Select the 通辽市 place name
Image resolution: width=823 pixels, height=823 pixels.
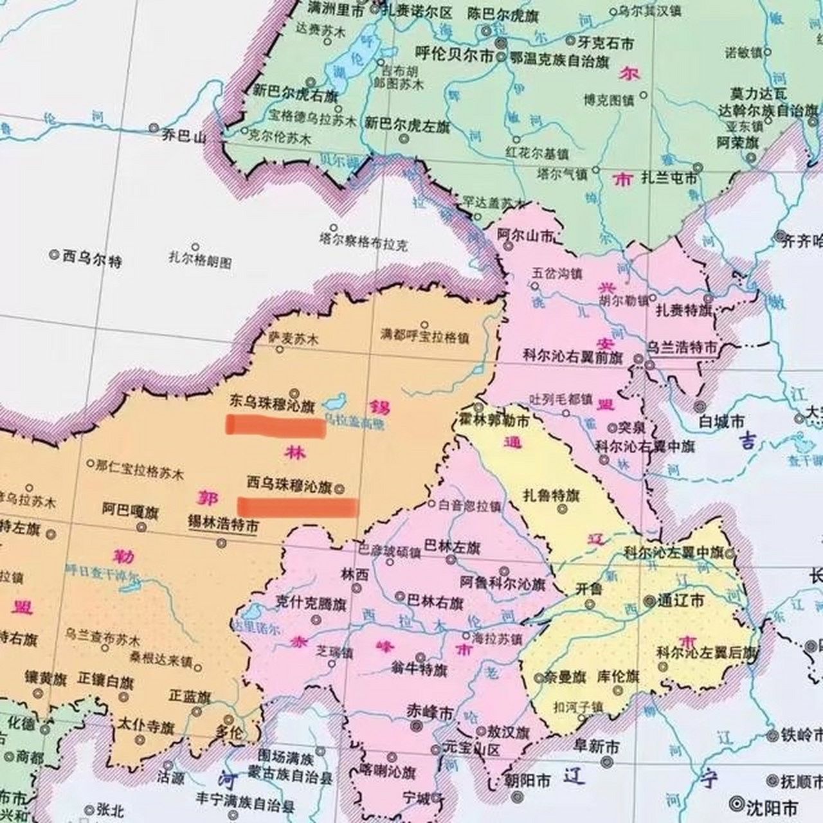pos(680,601)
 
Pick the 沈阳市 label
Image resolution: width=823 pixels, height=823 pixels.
pos(772,807)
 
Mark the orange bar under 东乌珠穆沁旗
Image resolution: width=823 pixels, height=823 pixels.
pos(275,426)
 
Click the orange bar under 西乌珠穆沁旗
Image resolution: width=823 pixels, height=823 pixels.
pos(298,507)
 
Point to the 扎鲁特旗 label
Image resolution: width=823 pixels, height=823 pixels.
pos(551,496)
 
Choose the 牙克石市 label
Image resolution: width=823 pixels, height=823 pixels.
pos(605,43)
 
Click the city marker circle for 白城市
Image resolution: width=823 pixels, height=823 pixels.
pos(700,406)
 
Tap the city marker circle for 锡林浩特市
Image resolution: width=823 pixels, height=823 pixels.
pos(222,543)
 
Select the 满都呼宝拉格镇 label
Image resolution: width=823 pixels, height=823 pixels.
pos(424,336)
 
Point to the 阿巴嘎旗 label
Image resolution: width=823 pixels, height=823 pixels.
pos(130,510)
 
